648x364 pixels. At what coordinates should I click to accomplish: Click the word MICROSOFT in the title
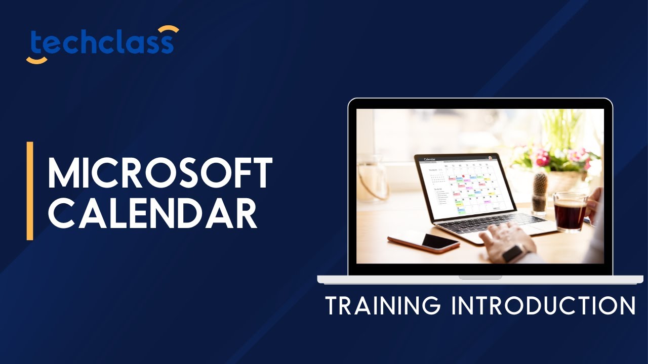(160, 173)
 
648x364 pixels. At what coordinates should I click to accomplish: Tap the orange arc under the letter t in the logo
(36, 60)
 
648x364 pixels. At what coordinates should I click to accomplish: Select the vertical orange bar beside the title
(30, 191)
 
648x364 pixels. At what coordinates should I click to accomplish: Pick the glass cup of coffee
(571, 212)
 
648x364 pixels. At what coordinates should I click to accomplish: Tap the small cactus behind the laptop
(540, 190)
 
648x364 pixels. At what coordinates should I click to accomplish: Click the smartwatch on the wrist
(513, 252)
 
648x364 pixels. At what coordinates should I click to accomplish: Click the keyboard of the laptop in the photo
(481, 222)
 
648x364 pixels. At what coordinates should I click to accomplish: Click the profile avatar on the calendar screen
(490, 157)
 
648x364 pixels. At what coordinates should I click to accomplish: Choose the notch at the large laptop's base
(480, 277)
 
